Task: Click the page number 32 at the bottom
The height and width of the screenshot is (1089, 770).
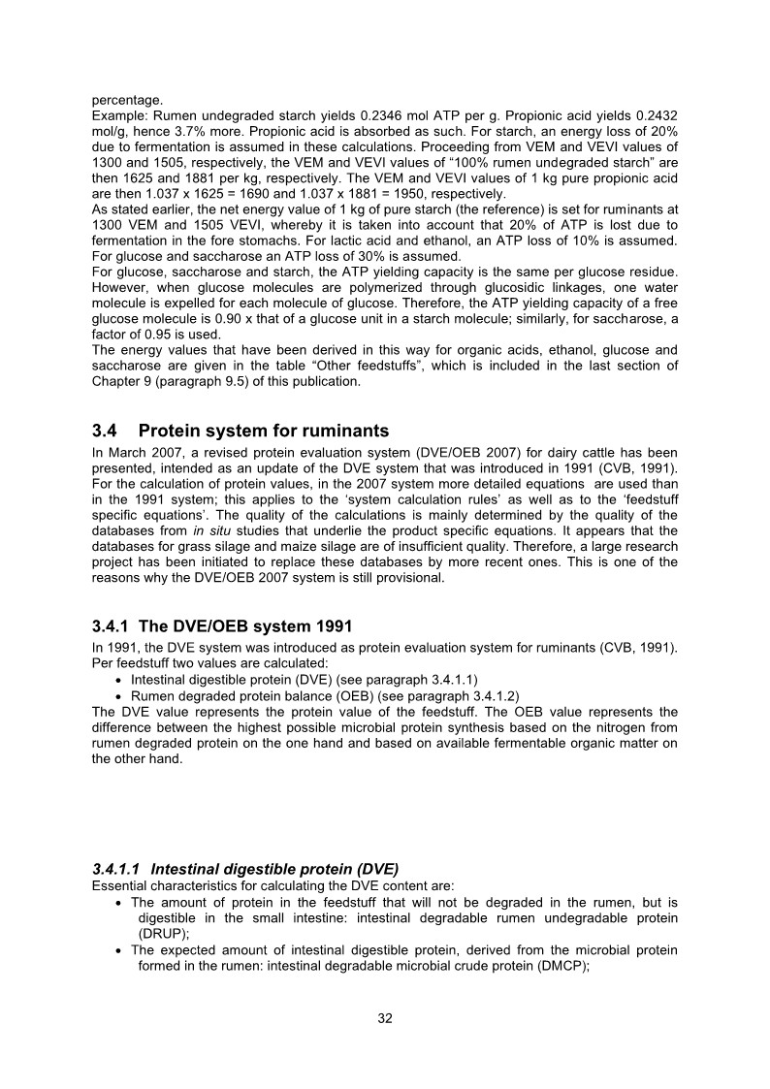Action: [x=385, y=1018]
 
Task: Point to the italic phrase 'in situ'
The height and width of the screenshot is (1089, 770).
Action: [x=211, y=530]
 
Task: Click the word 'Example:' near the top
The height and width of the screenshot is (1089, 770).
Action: [x=119, y=114]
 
